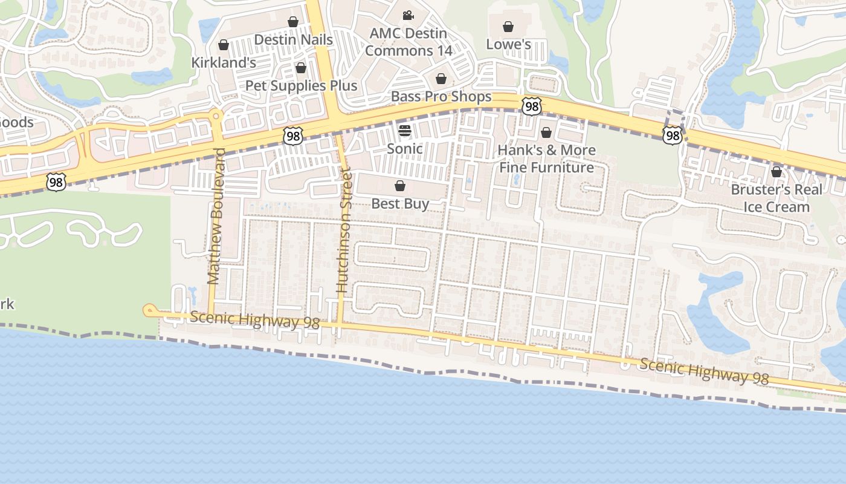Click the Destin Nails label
(293, 40)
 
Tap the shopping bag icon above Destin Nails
(293, 22)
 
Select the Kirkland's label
(224, 62)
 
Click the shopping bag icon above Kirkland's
(224, 45)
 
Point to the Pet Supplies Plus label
(301, 85)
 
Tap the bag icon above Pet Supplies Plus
(301, 68)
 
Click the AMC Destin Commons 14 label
(408, 42)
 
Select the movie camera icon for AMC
(408, 15)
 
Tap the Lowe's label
(508, 44)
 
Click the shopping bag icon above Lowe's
(508, 27)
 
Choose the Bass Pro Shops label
(441, 96)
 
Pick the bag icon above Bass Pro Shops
(441, 79)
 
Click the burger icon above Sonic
(405, 130)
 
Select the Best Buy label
(400, 204)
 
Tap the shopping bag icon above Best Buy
(400, 186)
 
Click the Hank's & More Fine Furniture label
(546, 159)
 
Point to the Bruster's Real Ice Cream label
(777, 198)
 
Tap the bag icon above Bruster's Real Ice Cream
(777, 172)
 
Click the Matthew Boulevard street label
(215, 216)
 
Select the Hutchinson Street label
(343, 232)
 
